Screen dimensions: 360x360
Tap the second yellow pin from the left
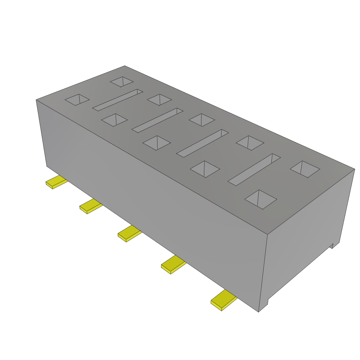pyautogui.click(x=90, y=206)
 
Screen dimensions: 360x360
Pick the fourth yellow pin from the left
pyautogui.click(x=173, y=265)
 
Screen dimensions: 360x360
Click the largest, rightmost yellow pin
pyautogui.click(x=224, y=300)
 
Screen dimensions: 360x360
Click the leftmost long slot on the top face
pyautogui.click(x=117, y=100)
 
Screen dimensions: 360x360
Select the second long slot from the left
pyautogui.click(x=157, y=120)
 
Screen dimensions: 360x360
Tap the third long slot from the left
pyautogui.click(x=202, y=143)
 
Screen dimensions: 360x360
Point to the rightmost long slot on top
pyautogui.click(x=254, y=169)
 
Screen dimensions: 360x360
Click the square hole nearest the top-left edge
pyautogui.click(x=77, y=99)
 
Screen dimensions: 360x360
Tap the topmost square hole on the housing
pyautogui.click(x=122, y=82)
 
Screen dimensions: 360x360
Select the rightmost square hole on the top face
pyautogui.click(x=305, y=169)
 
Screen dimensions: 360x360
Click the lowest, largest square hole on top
pyautogui.click(x=261, y=199)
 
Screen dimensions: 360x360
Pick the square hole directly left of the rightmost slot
pyautogui.click(x=205, y=169)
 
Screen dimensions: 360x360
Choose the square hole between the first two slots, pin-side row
pyautogui.click(x=114, y=120)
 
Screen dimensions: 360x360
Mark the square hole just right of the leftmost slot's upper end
pyautogui.click(x=159, y=99)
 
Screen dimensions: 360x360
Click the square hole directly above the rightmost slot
pyautogui.click(x=250, y=143)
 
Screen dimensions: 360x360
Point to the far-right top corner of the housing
pyautogui.click(x=354, y=169)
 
